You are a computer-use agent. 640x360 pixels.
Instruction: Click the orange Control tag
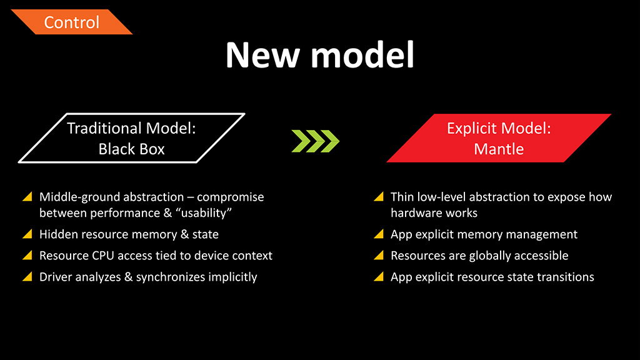[x=72, y=22]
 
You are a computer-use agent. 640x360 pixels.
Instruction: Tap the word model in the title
[x=363, y=55]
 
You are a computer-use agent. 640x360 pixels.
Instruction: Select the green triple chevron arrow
[x=316, y=141]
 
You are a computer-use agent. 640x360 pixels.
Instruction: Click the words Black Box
[x=131, y=149]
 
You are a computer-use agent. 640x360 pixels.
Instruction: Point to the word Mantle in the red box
[x=499, y=149]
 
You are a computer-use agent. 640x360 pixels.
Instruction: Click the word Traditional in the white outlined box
[x=104, y=128]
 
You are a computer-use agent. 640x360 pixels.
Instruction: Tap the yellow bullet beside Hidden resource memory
[x=27, y=234]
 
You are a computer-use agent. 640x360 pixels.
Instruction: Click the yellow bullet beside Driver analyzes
[x=27, y=276]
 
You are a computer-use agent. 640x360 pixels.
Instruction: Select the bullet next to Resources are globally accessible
[x=379, y=255]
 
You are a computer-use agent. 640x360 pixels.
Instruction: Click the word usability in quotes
[x=206, y=213]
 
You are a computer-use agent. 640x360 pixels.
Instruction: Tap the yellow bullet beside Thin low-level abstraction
[x=379, y=196]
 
